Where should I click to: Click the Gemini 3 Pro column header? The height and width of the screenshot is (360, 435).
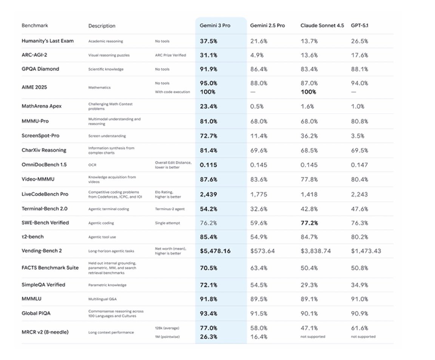pos(215,26)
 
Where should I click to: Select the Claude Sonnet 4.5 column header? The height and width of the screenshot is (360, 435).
pos(322,26)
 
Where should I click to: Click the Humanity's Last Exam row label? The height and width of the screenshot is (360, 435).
pos(48,41)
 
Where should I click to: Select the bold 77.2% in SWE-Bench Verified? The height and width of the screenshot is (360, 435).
pos(309,223)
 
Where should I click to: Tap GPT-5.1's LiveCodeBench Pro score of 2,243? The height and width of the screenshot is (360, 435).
pos(359,194)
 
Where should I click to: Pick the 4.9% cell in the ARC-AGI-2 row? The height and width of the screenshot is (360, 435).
pos(257,55)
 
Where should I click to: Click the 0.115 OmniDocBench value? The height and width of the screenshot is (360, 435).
pos(208,165)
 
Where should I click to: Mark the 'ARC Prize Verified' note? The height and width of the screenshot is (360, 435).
pos(170,55)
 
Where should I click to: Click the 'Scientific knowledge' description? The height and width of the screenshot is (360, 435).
pos(106,69)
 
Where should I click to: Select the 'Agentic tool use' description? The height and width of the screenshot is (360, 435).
pos(103,237)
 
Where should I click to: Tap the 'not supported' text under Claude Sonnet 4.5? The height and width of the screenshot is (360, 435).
pos(313,337)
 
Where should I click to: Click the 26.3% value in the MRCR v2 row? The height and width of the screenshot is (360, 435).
pos(208,337)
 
